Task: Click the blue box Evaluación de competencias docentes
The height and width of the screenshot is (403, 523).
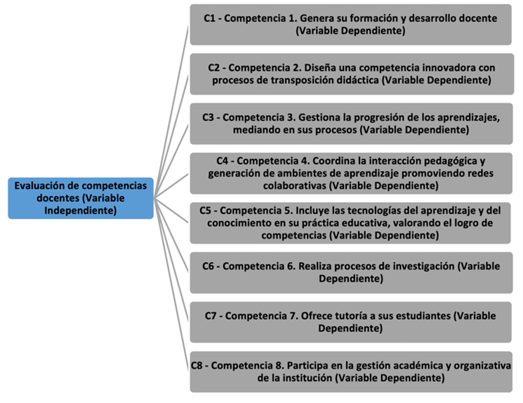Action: (81, 198)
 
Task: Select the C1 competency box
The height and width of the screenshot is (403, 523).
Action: (350, 25)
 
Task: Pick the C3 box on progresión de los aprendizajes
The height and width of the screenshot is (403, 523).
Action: (350, 124)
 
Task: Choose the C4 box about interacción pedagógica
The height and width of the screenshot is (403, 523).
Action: (350, 173)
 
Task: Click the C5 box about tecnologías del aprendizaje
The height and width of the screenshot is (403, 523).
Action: (350, 223)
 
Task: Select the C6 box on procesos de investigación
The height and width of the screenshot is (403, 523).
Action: (350, 272)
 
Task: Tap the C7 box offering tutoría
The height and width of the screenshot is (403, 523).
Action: (350, 322)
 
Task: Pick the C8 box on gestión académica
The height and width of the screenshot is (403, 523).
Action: (350, 371)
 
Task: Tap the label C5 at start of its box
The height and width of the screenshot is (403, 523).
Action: (206, 211)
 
